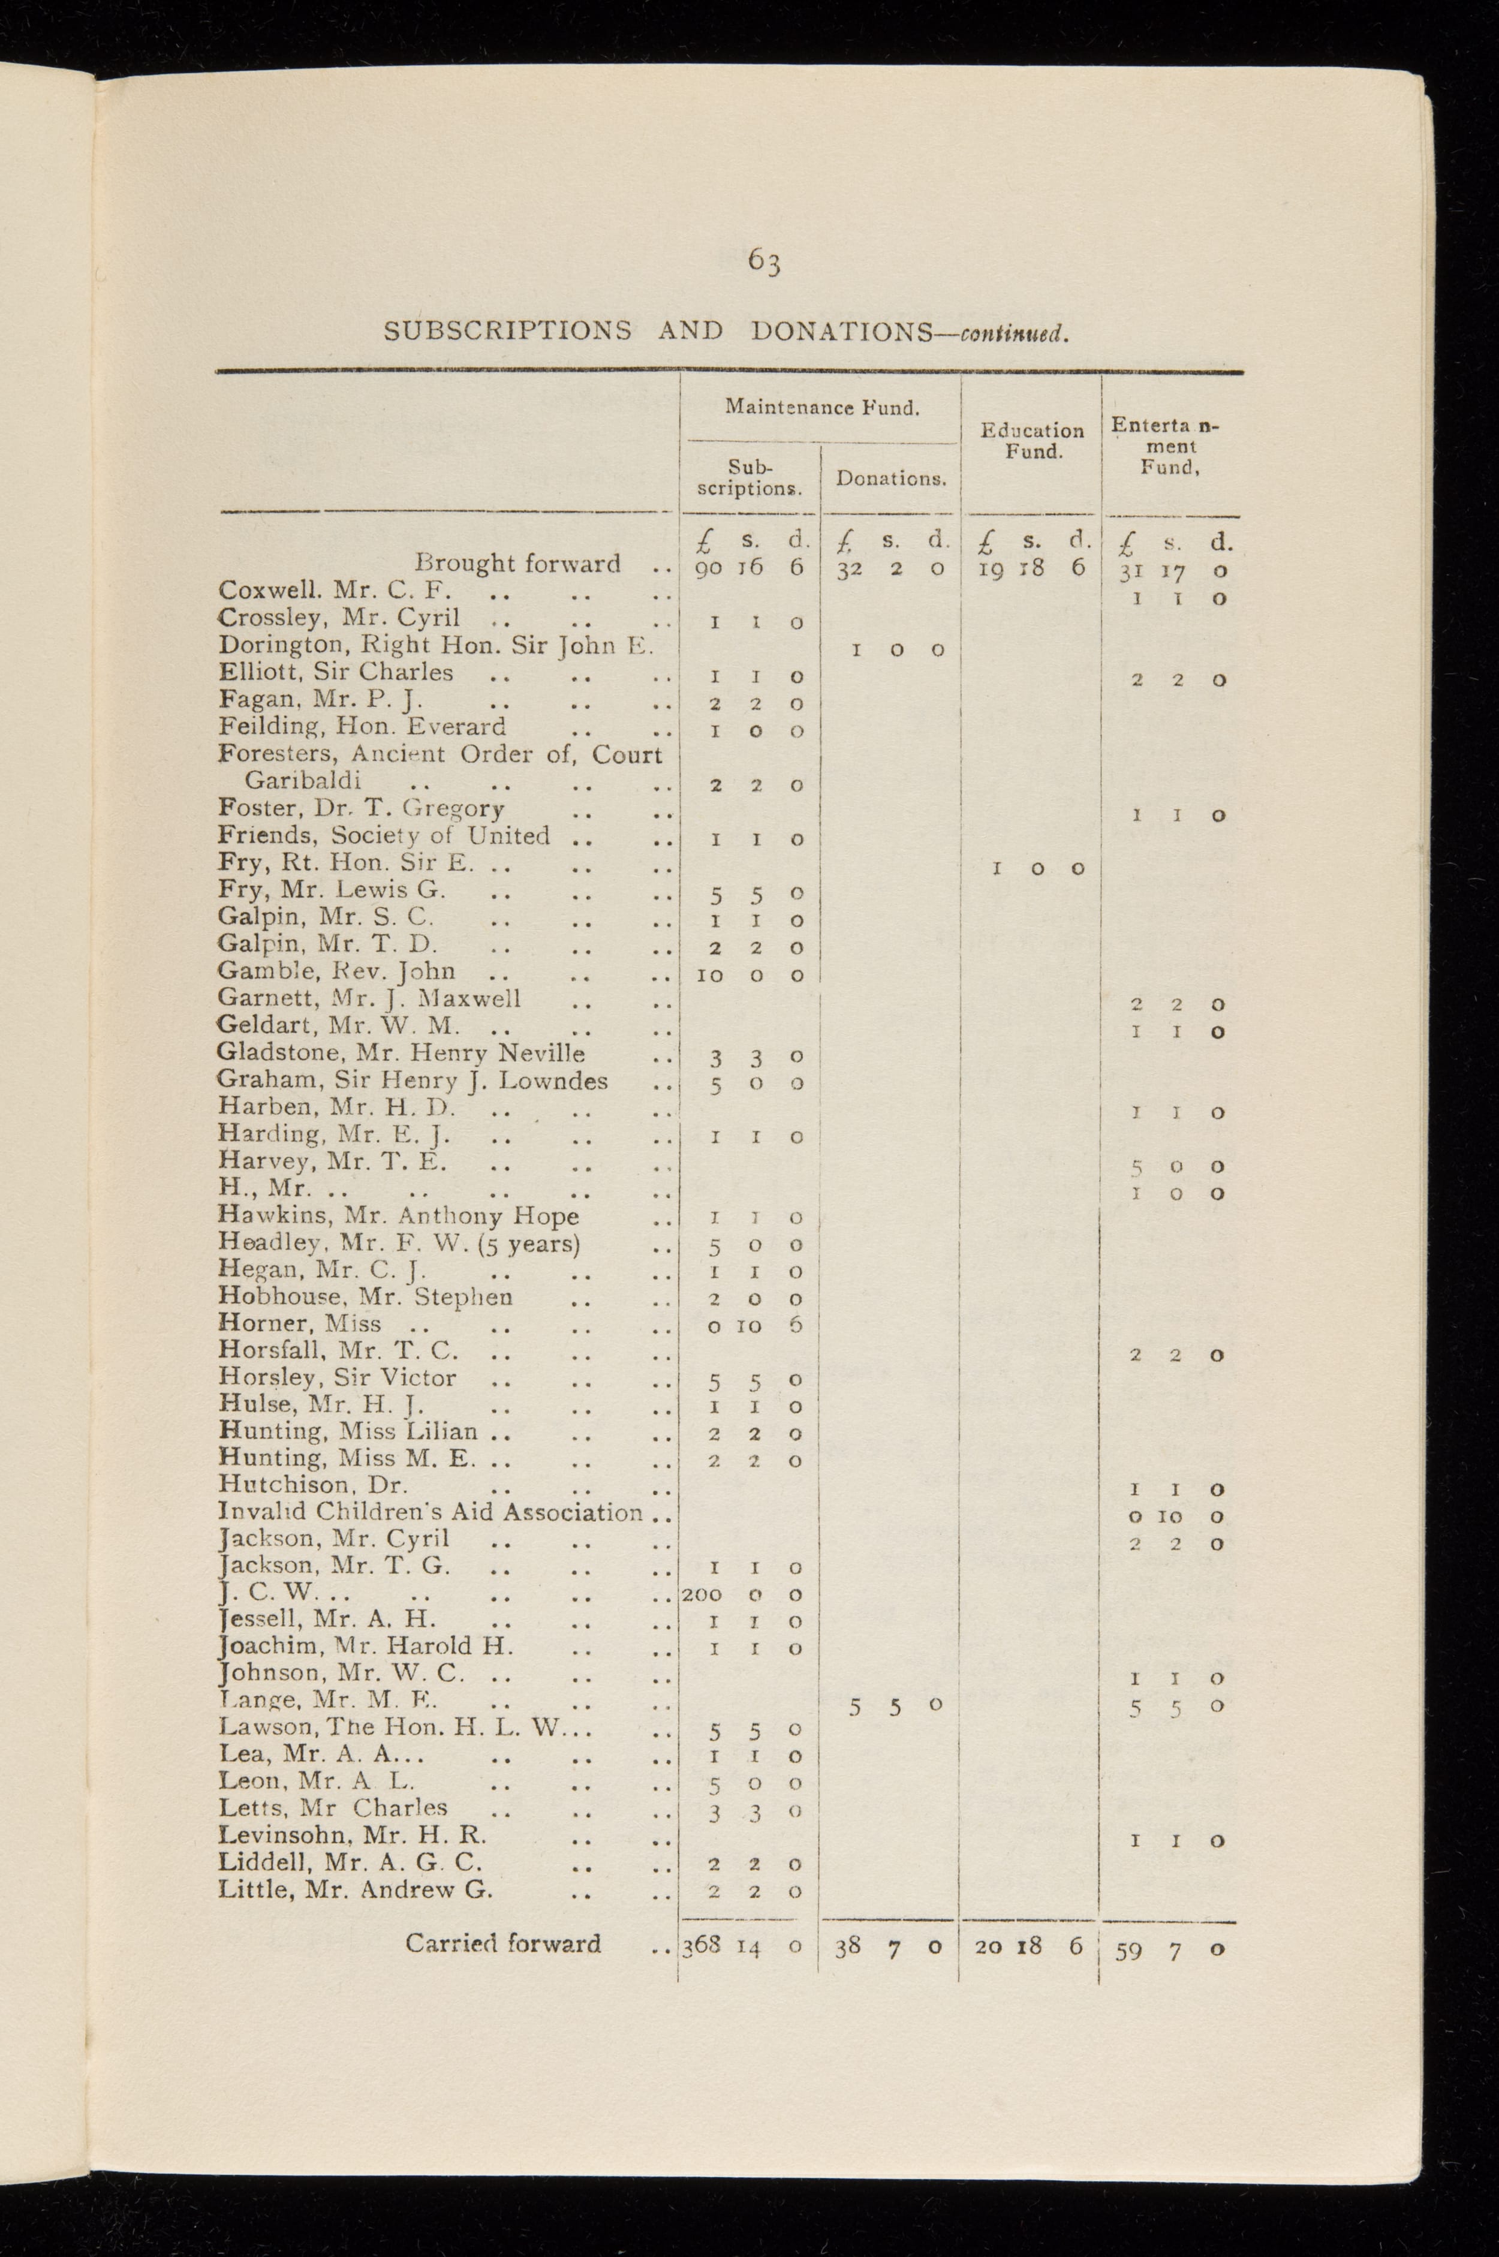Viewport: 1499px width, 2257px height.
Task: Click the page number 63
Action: (x=765, y=260)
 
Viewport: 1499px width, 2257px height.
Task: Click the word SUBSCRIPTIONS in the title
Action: (x=507, y=331)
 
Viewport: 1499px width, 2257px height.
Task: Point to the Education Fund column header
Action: (x=1033, y=441)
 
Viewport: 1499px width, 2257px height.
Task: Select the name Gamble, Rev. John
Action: (x=336, y=971)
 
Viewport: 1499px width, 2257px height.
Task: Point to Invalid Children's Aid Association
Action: (x=430, y=1512)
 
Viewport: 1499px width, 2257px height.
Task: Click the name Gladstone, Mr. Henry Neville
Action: (x=402, y=1054)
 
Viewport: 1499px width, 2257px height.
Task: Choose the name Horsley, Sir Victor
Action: (x=338, y=1377)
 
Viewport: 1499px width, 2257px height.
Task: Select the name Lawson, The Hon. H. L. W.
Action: (x=407, y=1728)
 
